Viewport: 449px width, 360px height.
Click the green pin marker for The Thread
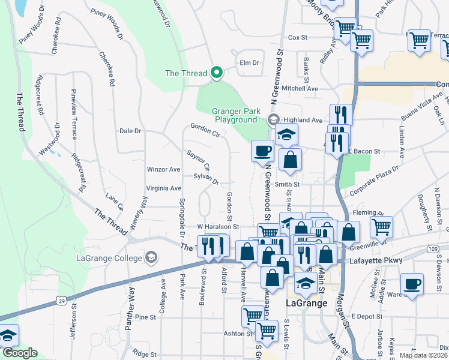coord(217,73)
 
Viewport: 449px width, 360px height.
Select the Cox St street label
coord(298,37)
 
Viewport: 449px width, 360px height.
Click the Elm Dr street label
coord(249,62)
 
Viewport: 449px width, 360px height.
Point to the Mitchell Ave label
coord(300,88)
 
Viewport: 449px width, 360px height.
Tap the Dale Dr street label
coord(130,130)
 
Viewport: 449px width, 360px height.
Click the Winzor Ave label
coord(164,170)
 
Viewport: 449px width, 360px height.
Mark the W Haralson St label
coord(218,227)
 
